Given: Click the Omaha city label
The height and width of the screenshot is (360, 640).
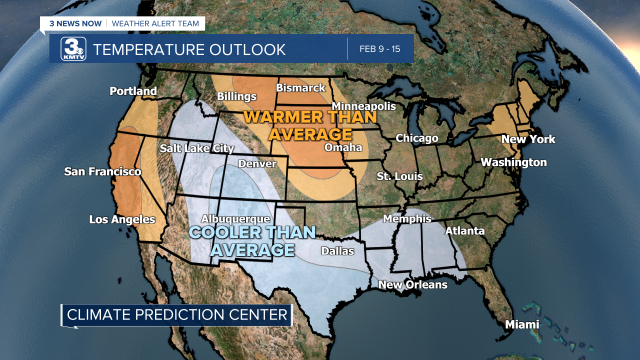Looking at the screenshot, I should coord(343,147).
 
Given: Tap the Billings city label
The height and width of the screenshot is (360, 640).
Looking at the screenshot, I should coord(236,96).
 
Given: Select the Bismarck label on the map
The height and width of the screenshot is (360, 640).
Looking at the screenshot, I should coord(300,88).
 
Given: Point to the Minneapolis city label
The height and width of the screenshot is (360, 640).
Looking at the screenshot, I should coord(363,106).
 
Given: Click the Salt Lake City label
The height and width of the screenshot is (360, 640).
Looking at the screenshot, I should coord(197,148).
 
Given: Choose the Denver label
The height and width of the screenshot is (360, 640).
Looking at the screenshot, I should coord(257,163).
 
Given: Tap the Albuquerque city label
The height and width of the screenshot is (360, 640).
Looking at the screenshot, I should coord(235,219).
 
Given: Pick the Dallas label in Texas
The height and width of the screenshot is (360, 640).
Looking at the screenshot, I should coord(337,251).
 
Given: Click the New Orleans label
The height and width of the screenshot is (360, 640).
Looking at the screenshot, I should coord(412,284).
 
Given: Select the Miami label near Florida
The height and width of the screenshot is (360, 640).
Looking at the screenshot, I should coord(522,324).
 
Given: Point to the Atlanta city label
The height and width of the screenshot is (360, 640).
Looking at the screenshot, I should coord(464,230).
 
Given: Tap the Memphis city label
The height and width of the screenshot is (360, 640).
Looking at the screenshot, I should coord(407,218).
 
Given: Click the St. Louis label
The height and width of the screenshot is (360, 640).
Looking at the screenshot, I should coord(399,176).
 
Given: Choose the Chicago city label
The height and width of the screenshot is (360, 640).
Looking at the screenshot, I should coord(417,138).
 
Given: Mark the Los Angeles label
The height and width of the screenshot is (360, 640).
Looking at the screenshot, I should coord(122,219).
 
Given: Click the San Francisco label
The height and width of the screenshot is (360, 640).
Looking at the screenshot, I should coord(102,171).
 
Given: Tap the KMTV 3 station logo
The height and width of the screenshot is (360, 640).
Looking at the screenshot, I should coord(73,49).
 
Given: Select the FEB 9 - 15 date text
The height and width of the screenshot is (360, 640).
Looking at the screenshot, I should coord(379,49).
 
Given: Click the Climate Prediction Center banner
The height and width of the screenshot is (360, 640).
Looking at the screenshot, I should coord(177,314).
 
